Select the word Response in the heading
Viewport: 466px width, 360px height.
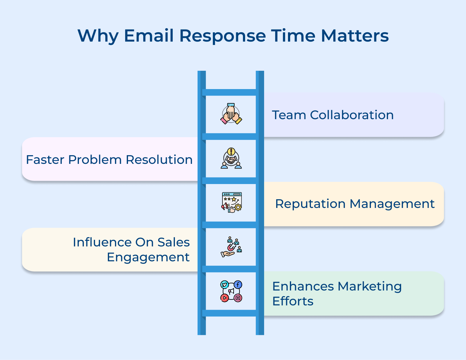222,36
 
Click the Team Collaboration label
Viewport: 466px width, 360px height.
333,115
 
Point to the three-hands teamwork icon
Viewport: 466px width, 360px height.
231,114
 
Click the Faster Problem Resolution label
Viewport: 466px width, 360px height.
109,160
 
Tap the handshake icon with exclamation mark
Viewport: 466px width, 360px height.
231,158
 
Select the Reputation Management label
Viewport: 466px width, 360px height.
354,204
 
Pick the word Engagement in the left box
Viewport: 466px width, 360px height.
148,257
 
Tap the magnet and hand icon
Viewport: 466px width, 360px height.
231,247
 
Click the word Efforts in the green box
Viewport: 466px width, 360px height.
293,301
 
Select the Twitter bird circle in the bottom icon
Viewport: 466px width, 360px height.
224,285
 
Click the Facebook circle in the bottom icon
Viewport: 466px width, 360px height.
238,285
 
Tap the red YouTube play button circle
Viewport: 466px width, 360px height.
224,298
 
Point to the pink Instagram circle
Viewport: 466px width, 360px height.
238,298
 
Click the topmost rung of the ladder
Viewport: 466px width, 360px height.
231,92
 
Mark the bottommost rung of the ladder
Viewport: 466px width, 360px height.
231,313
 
